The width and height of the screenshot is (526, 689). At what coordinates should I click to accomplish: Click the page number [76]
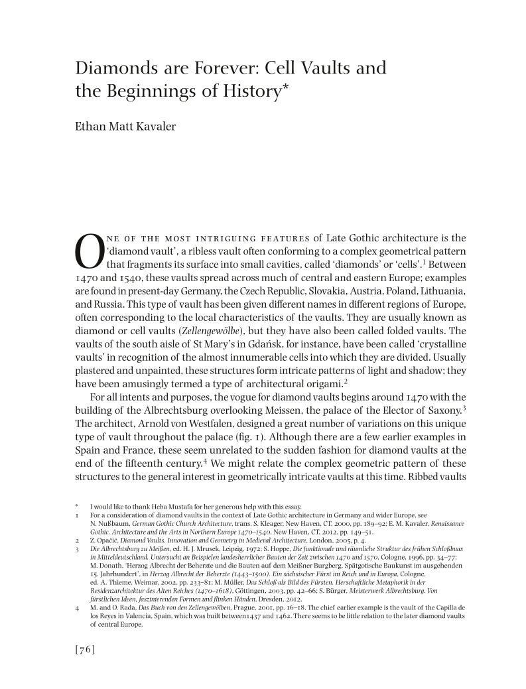(86, 649)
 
